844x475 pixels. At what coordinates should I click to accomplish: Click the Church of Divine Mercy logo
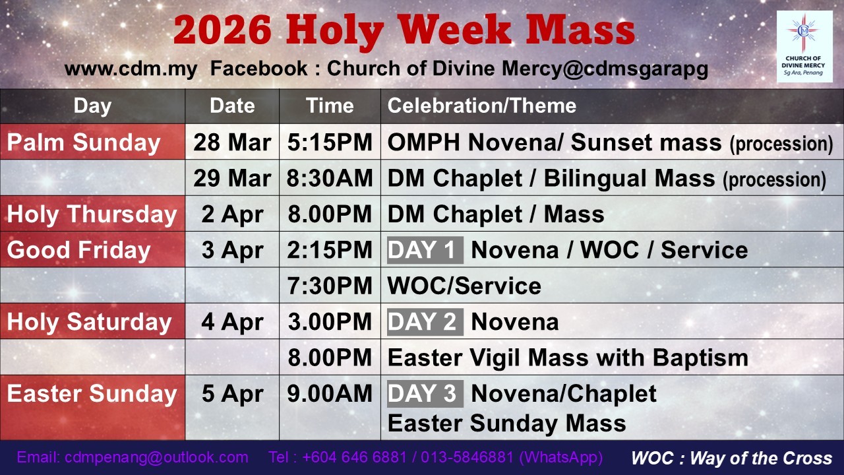(x=804, y=47)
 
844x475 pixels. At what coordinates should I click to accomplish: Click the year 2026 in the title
(x=222, y=30)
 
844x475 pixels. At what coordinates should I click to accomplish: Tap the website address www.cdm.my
(x=131, y=69)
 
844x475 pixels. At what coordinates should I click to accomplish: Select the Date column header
(x=232, y=106)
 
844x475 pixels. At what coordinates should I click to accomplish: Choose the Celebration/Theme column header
(x=482, y=106)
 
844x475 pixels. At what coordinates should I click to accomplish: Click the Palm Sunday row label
(x=84, y=143)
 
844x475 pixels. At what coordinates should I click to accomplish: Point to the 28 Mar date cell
(x=232, y=143)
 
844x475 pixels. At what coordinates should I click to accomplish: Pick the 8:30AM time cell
(x=330, y=178)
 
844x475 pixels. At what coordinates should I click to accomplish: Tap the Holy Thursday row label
(x=92, y=214)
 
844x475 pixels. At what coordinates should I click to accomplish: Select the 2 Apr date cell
(x=232, y=214)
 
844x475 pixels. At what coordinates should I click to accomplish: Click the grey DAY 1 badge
(x=425, y=250)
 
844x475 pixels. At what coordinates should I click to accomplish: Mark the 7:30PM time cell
(x=330, y=286)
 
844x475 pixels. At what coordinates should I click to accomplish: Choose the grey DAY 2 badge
(x=425, y=322)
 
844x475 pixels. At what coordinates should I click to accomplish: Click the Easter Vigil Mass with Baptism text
(x=568, y=358)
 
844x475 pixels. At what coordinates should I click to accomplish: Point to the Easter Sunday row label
(x=92, y=394)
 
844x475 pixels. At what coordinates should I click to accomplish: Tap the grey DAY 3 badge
(x=425, y=394)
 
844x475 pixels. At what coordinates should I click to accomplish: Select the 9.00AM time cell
(x=330, y=394)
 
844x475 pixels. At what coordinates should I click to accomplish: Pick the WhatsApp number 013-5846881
(x=467, y=458)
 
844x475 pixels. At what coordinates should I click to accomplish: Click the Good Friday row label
(x=78, y=250)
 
